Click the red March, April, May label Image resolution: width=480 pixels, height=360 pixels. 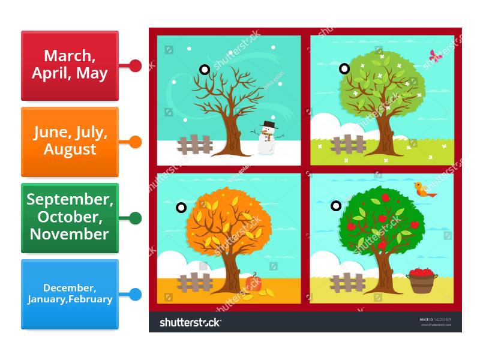(x=70, y=65)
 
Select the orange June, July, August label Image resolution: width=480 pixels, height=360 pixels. (x=70, y=142)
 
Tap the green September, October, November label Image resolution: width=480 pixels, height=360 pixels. (x=70, y=217)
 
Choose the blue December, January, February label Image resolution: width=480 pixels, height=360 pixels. (x=70, y=294)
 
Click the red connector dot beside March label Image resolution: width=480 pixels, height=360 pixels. (x=136, y=65)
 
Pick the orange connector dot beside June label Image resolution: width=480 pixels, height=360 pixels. (x=136, y=142)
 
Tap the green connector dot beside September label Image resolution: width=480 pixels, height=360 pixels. (x=136, y=218)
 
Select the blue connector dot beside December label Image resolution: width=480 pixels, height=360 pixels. (x=136, y=295)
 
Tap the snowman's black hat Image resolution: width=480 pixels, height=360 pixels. (x=268, y=125)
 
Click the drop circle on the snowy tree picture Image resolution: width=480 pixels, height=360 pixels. (x=205, y=70)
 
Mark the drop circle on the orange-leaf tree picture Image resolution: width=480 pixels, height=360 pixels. (x=181, y=208)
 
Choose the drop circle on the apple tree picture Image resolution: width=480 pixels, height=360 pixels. (x=336, y=206)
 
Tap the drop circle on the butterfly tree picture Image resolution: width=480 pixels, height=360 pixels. (x=344, y=68)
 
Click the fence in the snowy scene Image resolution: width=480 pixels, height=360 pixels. (x=195, y=145)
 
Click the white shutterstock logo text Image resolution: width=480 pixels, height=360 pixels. (x=190, y=322)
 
